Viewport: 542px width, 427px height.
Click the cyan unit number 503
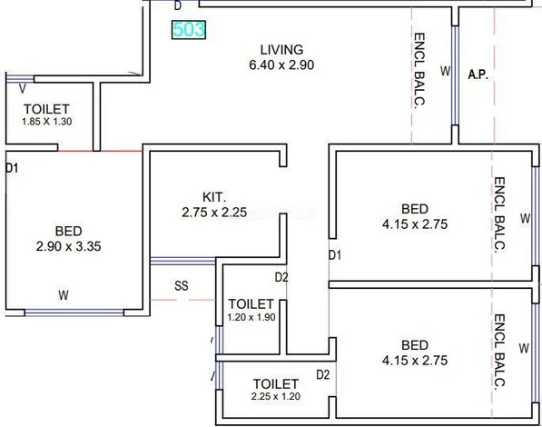[189, 30]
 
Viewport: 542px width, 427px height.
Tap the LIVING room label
[281, 50]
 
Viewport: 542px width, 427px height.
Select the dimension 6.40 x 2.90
[281, 65]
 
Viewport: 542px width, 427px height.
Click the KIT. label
[214, 197]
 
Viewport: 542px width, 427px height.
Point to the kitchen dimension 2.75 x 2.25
[214, 212]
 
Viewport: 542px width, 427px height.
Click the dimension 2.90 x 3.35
[68, 246]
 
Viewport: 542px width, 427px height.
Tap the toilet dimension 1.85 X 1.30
[47, 122]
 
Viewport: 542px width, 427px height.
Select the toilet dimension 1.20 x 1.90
[251, 317]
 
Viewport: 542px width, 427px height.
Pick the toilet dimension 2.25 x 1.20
[275, 396]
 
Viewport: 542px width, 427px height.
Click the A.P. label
[478, 74]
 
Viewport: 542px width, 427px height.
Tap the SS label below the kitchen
[182, 286]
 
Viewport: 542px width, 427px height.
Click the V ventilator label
[23, 89]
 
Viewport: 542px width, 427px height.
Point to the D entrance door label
[178, 5]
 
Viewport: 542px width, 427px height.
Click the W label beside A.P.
[446, 71]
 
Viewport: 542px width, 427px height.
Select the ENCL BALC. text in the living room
[419, 71]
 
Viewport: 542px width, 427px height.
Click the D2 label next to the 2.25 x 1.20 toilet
[323, 374]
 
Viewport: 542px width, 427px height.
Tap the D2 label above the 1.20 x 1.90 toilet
[281, 277]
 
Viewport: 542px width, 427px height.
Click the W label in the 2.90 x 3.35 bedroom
[64, 295]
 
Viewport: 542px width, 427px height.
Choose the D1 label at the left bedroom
[12, 168]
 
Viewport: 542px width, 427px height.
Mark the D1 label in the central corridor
[335, 255]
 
